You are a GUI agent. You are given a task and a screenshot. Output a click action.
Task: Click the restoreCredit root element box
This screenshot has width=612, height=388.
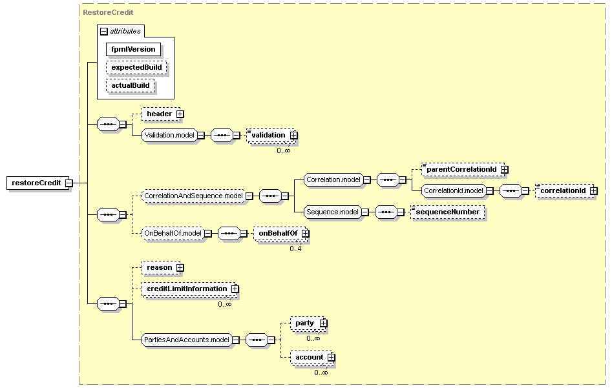tap(36, 183)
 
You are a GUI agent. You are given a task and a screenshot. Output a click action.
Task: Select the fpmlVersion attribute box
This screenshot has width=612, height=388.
tap(133, 49)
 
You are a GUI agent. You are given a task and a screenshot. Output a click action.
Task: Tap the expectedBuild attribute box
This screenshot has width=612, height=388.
tap(136, 67)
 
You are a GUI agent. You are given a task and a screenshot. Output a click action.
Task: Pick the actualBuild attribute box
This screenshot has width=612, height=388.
tap(130, 85)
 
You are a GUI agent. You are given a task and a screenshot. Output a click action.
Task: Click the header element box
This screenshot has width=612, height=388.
tap(159, 114)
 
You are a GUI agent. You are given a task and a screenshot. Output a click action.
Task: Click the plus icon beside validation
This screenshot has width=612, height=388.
tap(293, 136)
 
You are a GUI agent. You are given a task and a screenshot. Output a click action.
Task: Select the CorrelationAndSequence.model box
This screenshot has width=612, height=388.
tap(193, 196)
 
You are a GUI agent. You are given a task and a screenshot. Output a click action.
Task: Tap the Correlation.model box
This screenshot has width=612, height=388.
tap(332, 179)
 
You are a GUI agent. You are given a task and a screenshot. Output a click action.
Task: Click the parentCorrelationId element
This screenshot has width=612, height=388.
tap(461, 170)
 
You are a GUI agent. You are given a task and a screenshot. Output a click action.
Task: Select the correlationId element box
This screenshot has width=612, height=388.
tap(562, 191)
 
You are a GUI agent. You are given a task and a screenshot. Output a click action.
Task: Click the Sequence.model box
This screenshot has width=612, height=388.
tap(332, 212)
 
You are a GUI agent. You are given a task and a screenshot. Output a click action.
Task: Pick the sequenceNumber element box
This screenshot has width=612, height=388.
tap(448, 212)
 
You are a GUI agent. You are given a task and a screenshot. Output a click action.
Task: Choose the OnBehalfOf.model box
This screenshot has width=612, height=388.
tap(173, 233)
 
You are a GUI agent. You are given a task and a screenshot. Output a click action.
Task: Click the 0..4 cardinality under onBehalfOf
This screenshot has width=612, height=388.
tap(295, 249)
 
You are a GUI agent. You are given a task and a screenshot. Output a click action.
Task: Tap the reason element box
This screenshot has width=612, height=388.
tap(159, 267)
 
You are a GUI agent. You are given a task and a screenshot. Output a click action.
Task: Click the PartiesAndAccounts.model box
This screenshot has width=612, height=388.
tap(186, 340)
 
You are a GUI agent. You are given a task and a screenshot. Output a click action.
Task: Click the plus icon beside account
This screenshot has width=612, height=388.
tap(331, 357)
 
